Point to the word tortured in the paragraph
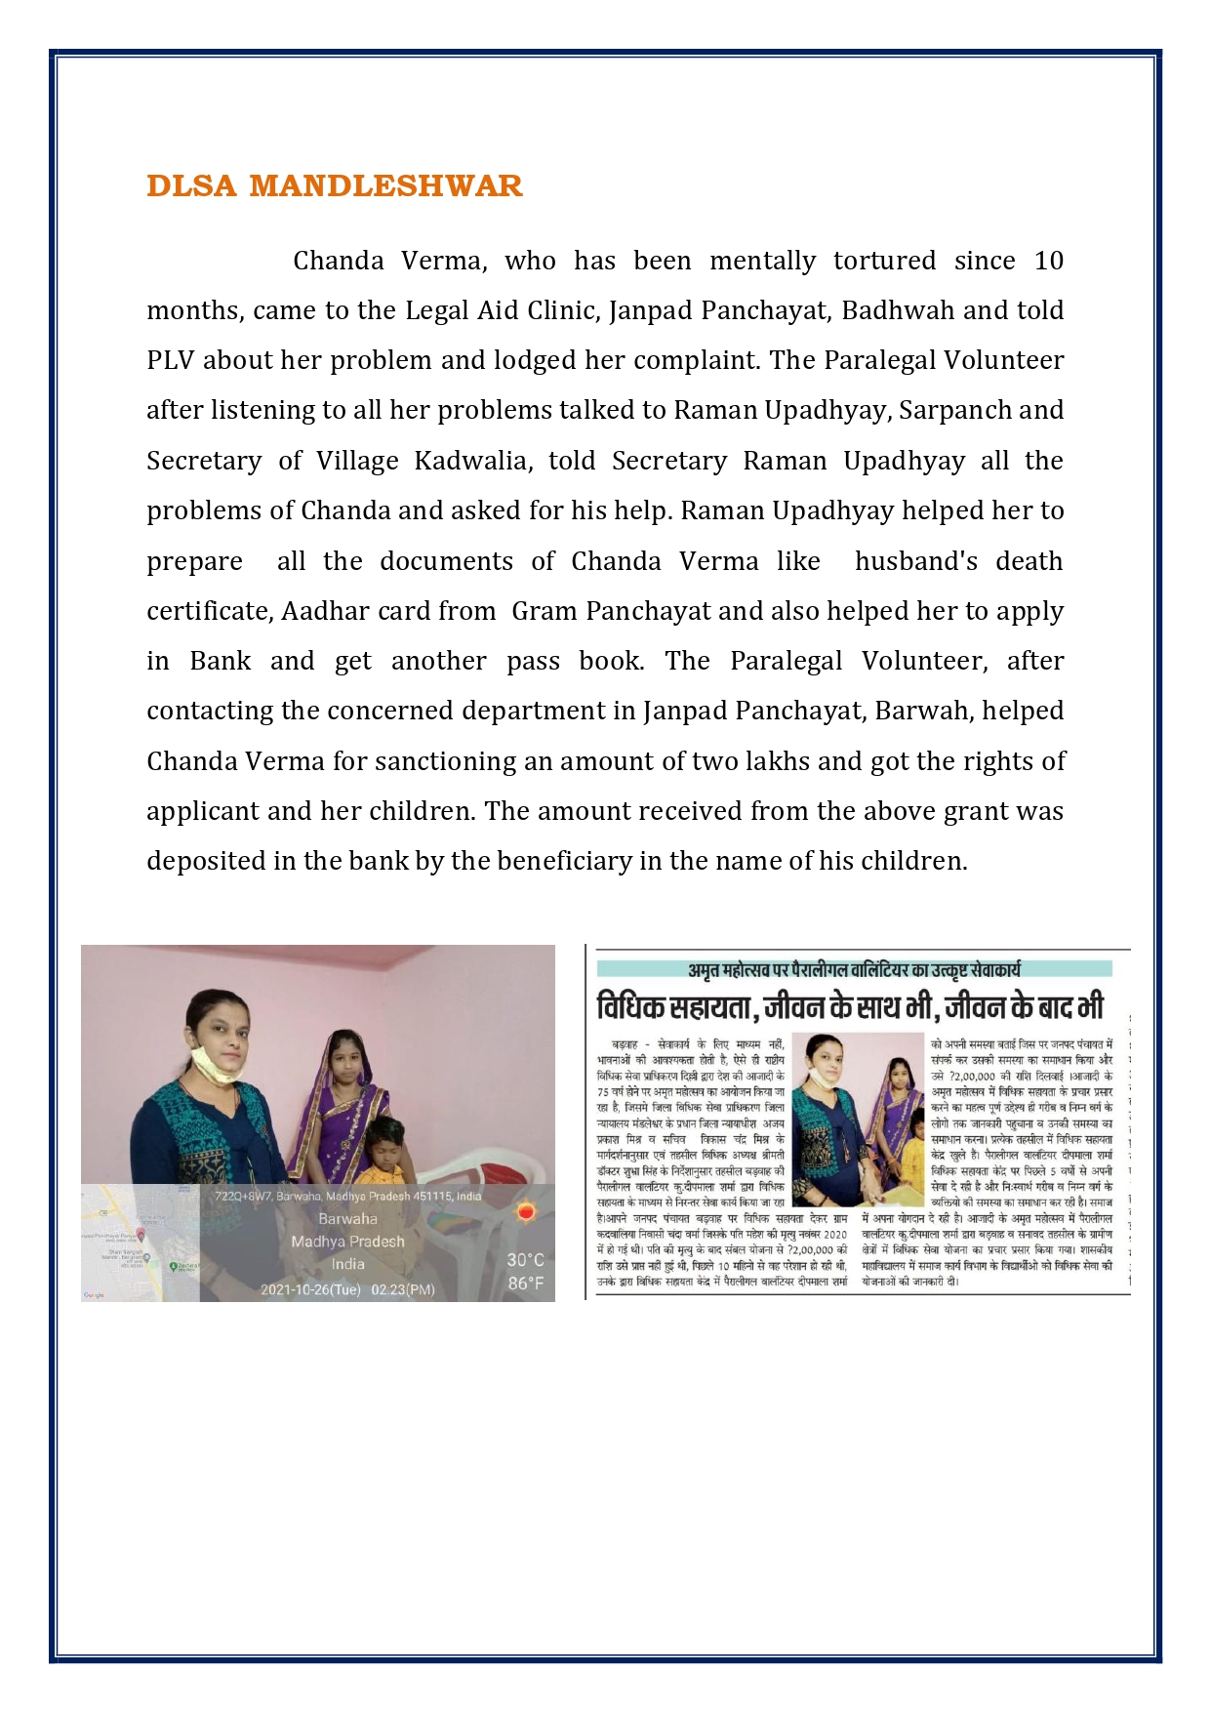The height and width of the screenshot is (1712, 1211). pos(884,261)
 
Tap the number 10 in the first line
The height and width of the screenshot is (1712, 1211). pos(1048,261)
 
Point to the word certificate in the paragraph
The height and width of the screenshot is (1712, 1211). pos(209,611)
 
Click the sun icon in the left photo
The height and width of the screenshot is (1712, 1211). pos(526,1212)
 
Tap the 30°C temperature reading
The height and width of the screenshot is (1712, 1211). pos(525,1260)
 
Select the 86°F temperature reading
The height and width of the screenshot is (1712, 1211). pos(525,1284)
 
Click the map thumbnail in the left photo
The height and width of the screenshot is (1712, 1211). pos(140,1243)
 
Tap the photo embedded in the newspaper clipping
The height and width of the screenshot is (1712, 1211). pos(857,1119)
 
